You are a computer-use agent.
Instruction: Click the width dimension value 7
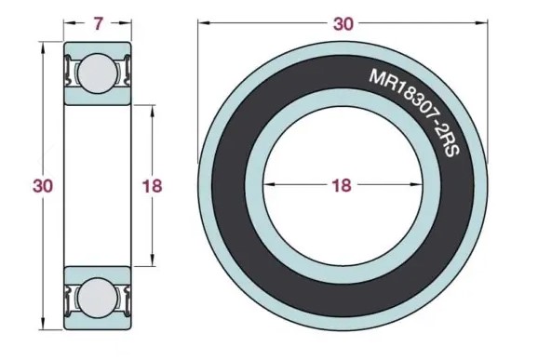pos(98,23)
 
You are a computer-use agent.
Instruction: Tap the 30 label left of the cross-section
pos(43,186)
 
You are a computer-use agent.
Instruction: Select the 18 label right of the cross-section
pos(152,186)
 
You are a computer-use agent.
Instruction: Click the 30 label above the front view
pos(343,24)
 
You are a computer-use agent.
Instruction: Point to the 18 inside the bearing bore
pos(342,185)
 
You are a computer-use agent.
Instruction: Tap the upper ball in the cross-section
pos(97,73)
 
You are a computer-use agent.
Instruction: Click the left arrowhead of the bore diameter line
pos(269,184)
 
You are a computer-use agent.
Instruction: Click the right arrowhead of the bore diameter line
pos(417,184)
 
